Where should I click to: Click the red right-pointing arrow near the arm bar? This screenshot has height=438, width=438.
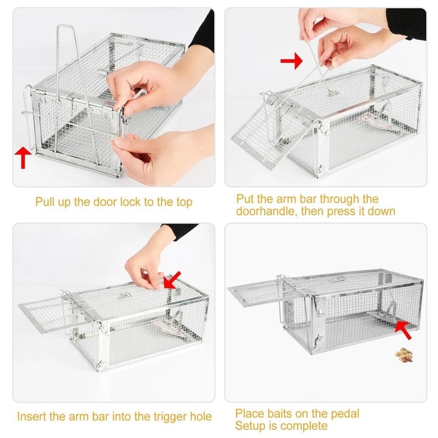[x=291, y=61]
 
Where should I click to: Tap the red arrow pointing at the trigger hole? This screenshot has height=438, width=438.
[x=171, y=281]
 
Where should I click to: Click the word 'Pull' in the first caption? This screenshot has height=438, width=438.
[x=46, y=201]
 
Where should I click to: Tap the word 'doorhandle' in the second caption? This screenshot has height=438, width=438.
[x=266, y=211]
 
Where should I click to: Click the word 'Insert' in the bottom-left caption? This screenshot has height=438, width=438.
[x=33, y=417]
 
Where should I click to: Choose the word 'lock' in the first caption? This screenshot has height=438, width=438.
[x=125, y=201]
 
